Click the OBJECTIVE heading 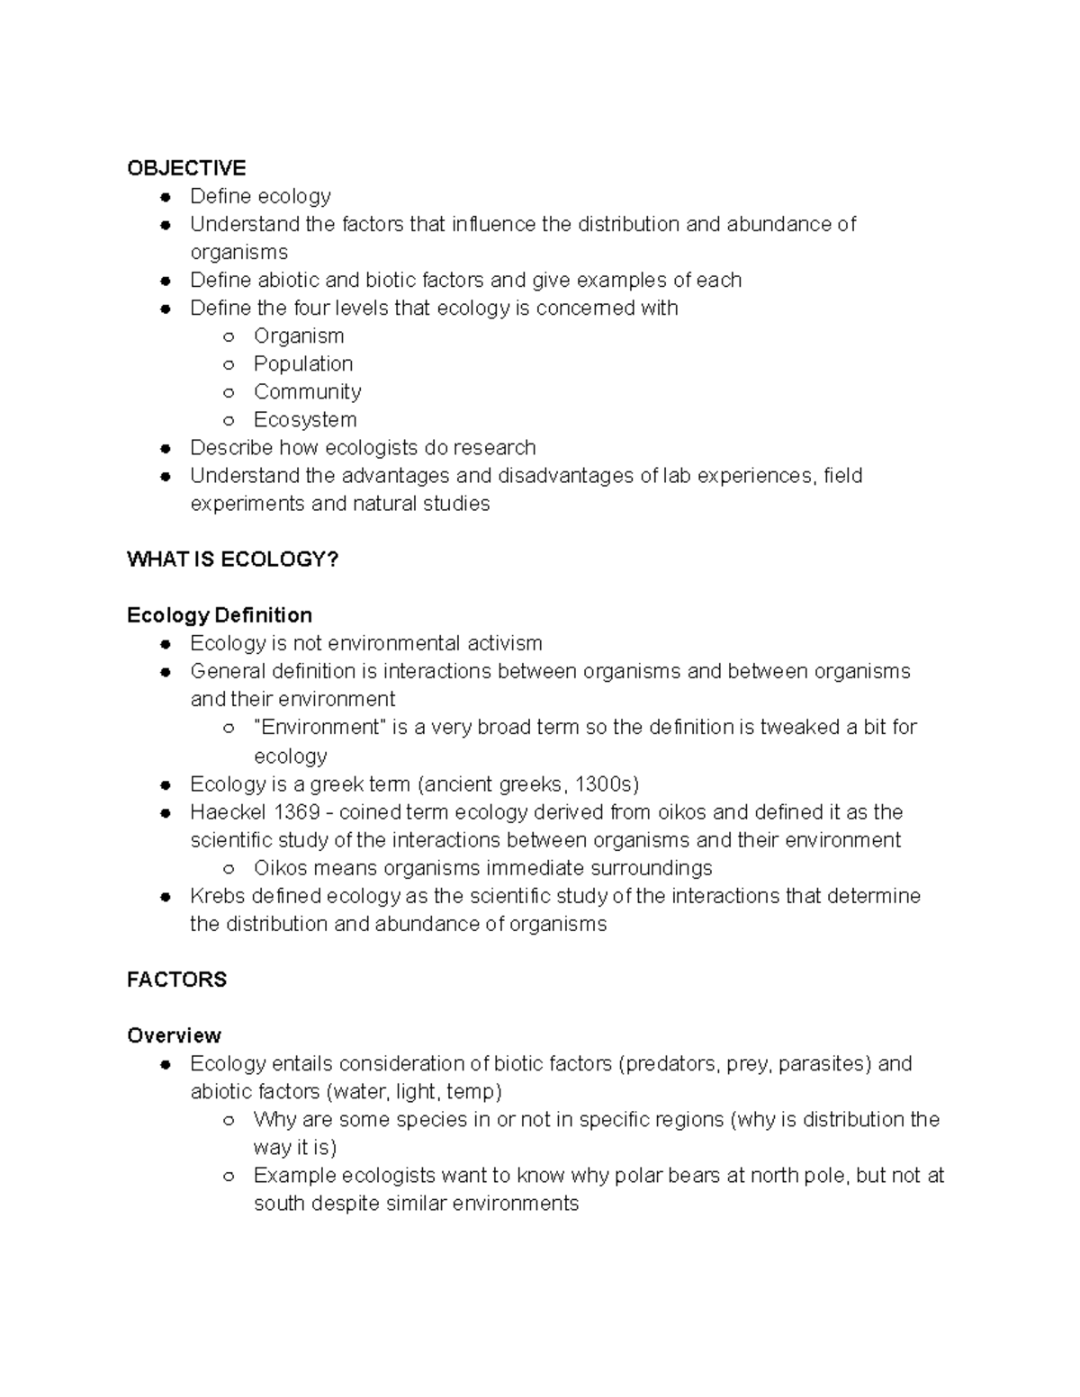tap(186, 168)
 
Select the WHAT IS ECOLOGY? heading tap(233, 560)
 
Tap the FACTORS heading tap(176, 980)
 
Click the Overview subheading tap(174, 1035)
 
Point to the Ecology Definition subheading tap(220, 615)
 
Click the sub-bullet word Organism tap(299, 336)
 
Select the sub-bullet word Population tap(303, 364)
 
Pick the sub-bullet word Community tap(308, 392)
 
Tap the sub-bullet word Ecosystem tap(305, 420)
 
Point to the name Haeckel tap(228, 812)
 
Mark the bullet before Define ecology tap(165, 197)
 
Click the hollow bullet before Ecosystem tap(229, 420)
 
